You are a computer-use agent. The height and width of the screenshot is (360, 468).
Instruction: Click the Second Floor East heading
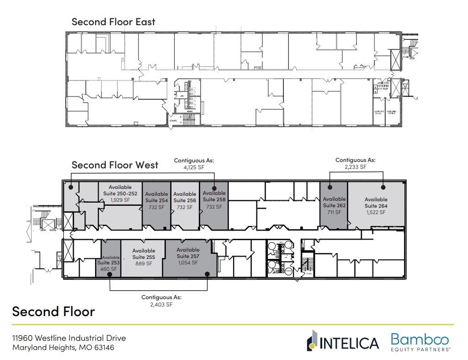pos(113,21)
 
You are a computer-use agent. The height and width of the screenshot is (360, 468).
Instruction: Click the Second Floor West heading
pos(115,165)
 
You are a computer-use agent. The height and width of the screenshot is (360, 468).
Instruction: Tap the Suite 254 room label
pos(156,200)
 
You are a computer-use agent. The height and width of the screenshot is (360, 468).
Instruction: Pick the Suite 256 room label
pos(185,200)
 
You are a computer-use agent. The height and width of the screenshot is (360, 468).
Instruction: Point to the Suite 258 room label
pos(214,199)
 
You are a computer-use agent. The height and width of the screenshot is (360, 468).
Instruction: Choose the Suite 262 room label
pos(334,205)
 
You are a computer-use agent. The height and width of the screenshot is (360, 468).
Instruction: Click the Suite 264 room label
pos(376,206)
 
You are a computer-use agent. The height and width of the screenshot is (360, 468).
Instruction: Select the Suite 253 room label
pos(108,263)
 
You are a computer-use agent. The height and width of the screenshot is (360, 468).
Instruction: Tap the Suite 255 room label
pos(144,257)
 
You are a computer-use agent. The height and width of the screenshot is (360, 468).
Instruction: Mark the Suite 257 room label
pos(188,256)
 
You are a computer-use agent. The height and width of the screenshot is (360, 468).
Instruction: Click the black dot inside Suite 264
pos(383,187)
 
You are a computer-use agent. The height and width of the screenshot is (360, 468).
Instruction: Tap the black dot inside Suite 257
pos(207,274)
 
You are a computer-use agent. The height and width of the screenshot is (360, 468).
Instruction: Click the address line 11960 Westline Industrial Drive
pos(69,338)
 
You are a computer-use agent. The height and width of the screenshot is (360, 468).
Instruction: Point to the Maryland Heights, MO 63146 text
pos(63,348)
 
